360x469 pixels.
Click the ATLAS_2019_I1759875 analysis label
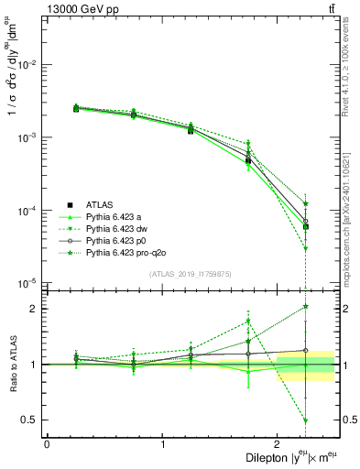(191, 273)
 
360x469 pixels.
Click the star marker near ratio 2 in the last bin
(306, 307)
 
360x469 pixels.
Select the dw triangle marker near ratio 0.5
(306, 420)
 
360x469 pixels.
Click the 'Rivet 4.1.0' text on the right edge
(352, 64)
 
